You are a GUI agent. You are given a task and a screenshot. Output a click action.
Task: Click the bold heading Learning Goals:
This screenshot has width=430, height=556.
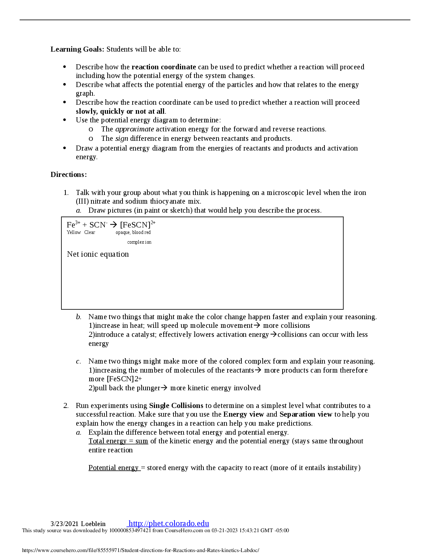pos(77,49)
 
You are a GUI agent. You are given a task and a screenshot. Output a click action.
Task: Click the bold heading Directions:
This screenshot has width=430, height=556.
pos(69,175)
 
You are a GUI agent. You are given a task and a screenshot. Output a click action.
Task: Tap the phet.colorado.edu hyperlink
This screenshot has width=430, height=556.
pos(169,524)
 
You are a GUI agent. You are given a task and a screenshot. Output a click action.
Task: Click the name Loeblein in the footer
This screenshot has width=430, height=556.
pos(93,524)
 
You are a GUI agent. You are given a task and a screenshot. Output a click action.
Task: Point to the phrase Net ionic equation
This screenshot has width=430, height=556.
pos(98,254)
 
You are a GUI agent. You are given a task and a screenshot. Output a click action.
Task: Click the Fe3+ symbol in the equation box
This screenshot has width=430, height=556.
pos(73,225)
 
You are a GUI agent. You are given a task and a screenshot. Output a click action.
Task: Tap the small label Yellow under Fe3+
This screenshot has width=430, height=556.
pos(74,233)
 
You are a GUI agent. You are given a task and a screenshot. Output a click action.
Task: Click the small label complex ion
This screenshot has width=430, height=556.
pos(139,242)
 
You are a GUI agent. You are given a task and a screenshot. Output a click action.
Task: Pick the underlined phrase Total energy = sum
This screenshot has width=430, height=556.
pos(118,441)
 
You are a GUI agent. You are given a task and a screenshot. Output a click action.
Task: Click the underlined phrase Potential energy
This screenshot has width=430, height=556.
pos(114,468)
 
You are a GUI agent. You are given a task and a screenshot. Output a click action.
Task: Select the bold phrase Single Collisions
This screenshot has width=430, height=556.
pos(176,406)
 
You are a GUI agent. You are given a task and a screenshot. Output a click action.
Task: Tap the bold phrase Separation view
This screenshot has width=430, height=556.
pos(306,414)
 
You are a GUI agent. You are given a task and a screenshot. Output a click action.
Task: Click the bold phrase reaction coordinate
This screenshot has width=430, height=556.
pos(164,67)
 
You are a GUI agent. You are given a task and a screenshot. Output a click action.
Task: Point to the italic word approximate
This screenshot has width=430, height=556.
pos(134,129)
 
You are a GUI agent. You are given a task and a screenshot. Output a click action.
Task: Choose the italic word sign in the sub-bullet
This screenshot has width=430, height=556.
pos(121,139)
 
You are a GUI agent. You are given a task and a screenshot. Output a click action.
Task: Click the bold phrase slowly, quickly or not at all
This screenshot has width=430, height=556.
pos(120,112)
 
